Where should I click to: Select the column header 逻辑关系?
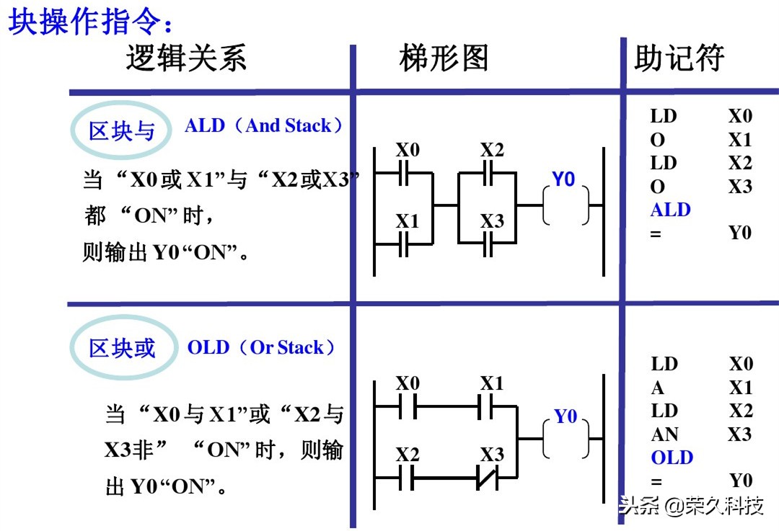[x=186, y=58]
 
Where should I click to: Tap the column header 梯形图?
[x=443, y=58]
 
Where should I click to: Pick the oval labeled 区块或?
[x=122, y=348]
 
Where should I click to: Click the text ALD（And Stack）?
[x=264, y=125]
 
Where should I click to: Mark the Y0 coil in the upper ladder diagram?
[x=566, y=205]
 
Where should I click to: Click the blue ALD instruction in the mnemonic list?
[x=670, y=210]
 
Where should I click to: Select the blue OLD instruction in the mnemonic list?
[x=672, y=458]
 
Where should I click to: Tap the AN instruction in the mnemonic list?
[x=664, y=434]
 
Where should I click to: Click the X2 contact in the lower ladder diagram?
[x=406, y=477]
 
